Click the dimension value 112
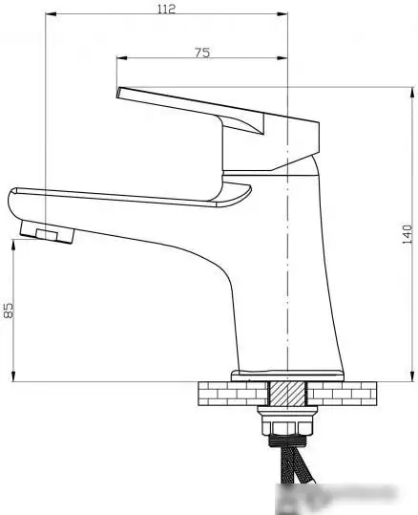coord(167,9)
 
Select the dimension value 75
coord(201,53)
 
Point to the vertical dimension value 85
coord(10,310)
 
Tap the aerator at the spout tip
coord(44,234)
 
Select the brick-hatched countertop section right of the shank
coord(345,393)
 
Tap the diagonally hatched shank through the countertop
coord(286,393)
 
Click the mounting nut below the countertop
coord(287,425)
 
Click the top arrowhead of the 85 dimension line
coord(14,243)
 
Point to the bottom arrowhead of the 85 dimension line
coord(14,377)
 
